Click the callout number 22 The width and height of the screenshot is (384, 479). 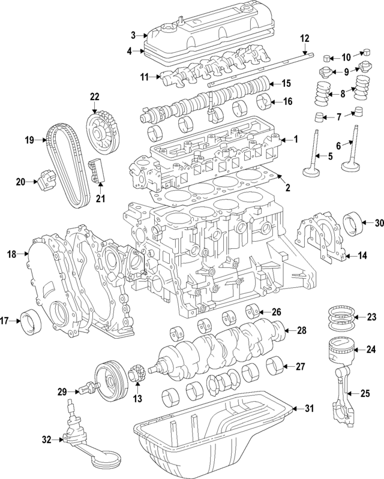coord(94,97)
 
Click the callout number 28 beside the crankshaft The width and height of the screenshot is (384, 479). coord(301,330)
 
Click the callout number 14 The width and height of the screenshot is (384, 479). coord(362,256)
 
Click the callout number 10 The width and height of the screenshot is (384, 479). coord(346,58)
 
